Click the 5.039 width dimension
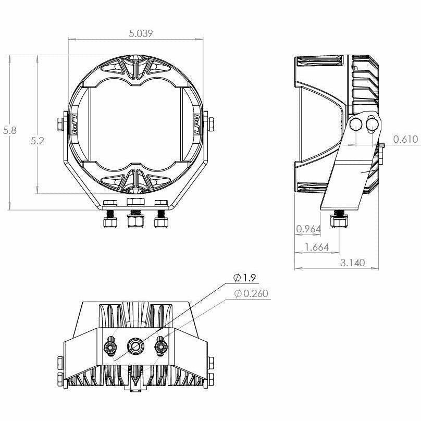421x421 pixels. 141,34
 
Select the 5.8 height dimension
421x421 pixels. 10,131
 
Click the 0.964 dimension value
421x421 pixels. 307,229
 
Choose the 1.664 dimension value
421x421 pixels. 317,247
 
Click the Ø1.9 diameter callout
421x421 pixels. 246,277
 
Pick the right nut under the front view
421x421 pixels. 160,221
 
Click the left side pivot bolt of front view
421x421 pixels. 60,125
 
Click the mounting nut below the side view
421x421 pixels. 339,222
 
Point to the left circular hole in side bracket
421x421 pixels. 356,124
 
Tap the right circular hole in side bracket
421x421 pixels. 373,124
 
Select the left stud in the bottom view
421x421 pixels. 110,345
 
